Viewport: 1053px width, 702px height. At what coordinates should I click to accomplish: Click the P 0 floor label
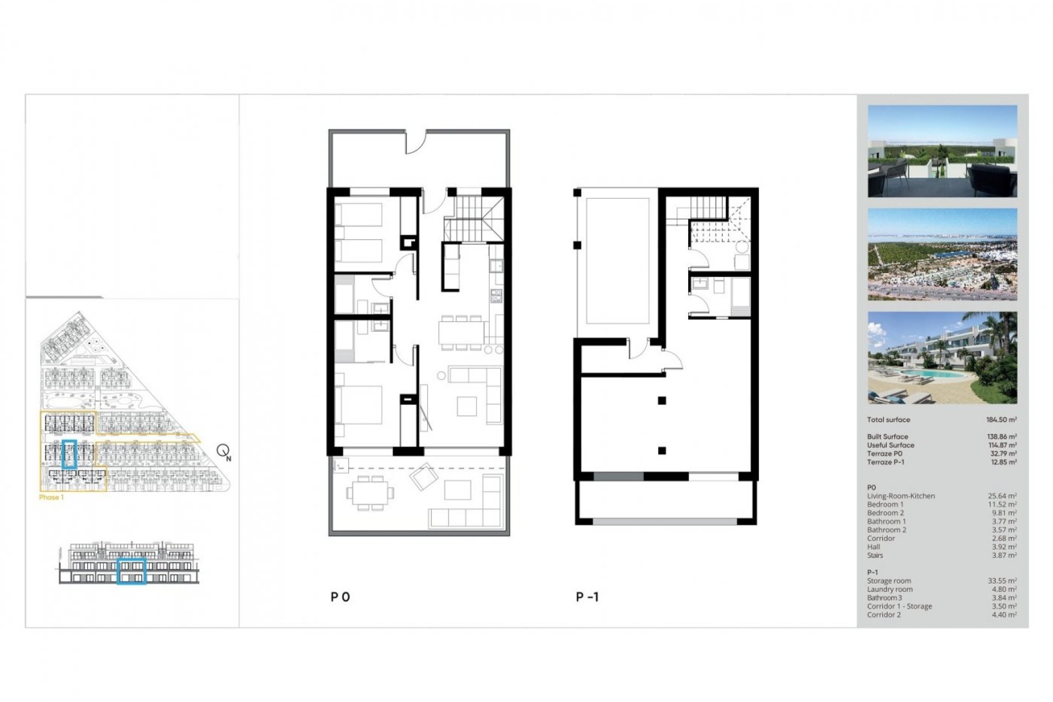340,597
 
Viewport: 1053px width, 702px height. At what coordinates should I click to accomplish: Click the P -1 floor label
587,597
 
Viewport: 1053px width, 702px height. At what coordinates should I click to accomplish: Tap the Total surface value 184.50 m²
1001,420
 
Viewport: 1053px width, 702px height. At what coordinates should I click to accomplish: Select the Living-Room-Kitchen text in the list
901,496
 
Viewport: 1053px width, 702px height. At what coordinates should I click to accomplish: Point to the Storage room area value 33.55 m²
1002,581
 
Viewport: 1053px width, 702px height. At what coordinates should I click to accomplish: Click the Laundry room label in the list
890,590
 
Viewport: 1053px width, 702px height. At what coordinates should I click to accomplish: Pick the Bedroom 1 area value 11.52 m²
1002,505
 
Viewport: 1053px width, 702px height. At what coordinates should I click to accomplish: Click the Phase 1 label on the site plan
52,497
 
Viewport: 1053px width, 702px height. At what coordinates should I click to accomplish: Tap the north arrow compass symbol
223,451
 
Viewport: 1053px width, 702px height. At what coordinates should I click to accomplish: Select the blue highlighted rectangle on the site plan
69,454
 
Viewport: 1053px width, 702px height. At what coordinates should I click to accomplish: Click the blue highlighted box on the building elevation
131,571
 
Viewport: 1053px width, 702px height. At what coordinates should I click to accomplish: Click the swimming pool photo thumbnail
942,358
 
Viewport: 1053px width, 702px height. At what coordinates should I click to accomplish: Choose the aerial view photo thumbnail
942,254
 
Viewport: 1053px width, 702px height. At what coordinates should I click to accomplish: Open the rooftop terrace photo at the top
942,151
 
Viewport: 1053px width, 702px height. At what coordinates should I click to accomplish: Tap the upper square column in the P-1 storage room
662,401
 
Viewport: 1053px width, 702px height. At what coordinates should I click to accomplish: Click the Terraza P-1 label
885,462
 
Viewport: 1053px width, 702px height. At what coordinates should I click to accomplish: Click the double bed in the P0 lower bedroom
360,405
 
